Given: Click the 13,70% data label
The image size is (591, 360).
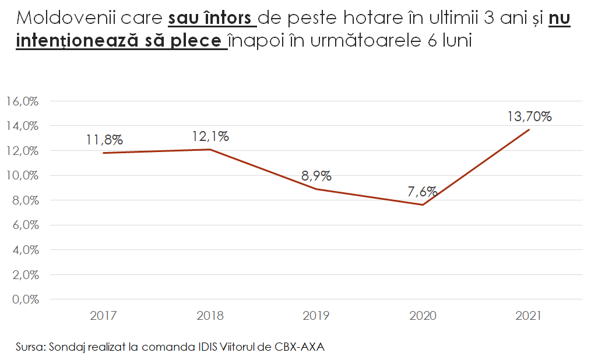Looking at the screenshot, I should (x=529, y=117).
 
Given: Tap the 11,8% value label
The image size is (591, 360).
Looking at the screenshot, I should (x=104, y=140).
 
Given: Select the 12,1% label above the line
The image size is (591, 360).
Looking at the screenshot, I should (x=210, y=137).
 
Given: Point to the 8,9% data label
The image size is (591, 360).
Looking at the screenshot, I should (x=316, y=176).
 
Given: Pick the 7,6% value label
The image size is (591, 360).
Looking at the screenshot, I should (x=423, y=192).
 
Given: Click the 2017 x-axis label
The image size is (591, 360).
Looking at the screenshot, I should (x=103, y=316).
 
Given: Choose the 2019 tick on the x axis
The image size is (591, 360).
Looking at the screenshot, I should (x=316, y=316).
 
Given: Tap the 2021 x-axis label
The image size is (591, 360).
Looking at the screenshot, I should (x=529, y=316).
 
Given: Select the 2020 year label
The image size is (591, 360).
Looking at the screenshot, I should (x=423, y=316).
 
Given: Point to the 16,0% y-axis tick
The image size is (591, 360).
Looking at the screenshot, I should (x=22, y=101).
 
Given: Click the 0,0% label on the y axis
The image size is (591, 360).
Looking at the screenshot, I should (x=24, y=300).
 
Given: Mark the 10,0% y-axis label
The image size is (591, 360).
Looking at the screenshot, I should (x=22, y=176).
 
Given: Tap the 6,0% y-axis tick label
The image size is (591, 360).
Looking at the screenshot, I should (x=24, y=225).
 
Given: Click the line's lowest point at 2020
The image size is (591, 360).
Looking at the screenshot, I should (x=423, y=204).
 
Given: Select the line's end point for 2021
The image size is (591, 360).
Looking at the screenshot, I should (x=529, y=129).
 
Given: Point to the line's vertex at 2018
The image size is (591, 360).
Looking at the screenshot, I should (x=210, y=150).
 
